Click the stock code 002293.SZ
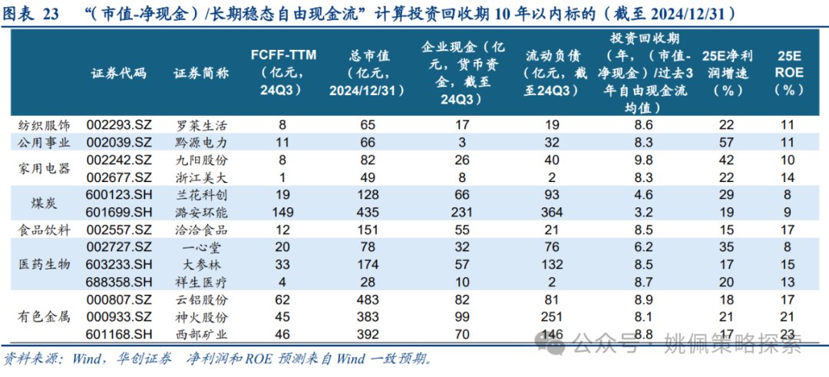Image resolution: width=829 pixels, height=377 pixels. pos(119,125)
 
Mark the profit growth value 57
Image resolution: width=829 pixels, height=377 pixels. pos(730,143)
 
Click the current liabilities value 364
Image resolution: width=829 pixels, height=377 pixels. pos(550,213)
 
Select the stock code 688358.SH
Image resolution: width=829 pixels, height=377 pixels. pos(119,283)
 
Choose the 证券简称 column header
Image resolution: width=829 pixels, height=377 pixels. pos(201,73)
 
